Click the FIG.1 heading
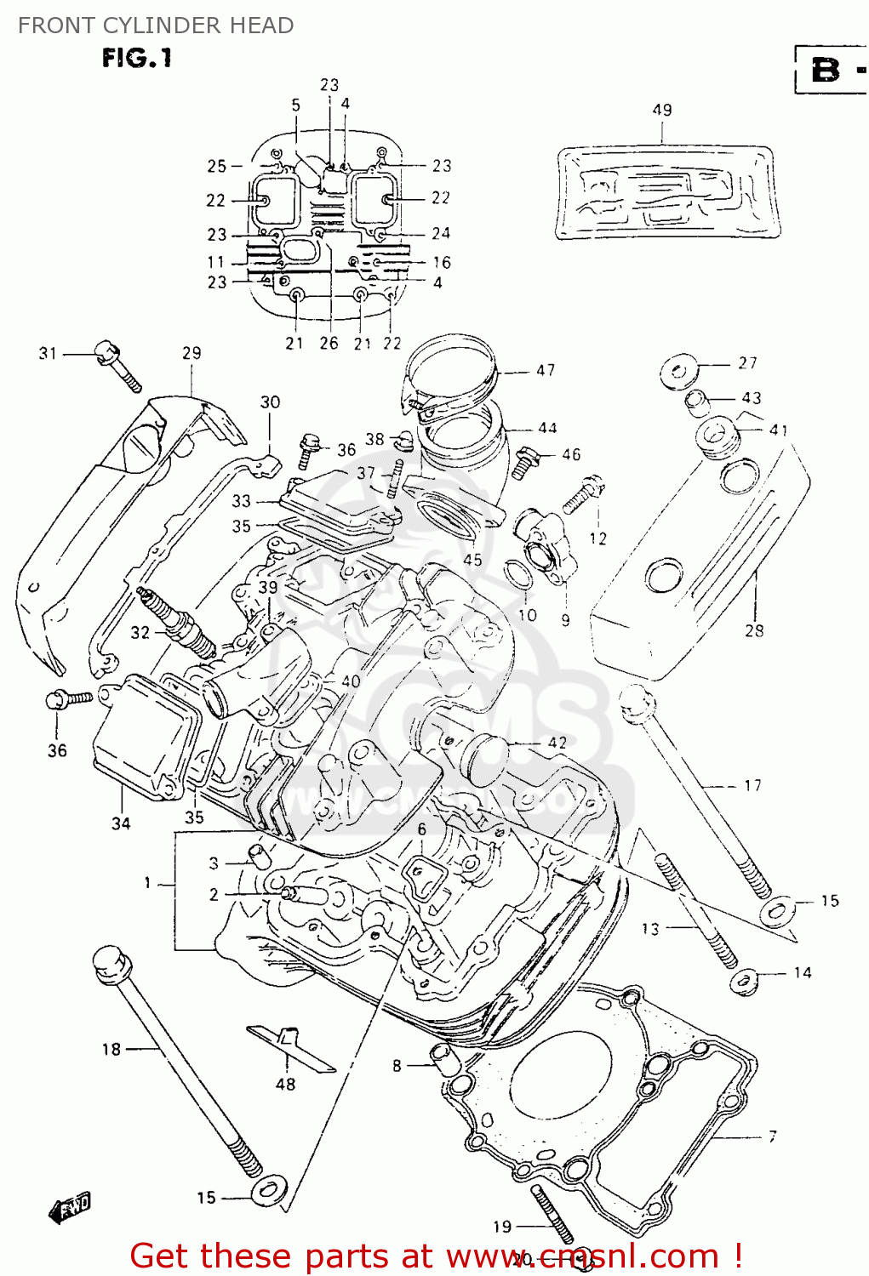click(x=137, y=58)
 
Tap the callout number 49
click(x=662, y=110)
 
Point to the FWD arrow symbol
click(x=70, y=1207)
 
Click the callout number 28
click(x=754, y=630)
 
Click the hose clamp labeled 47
click(x=451, y=374)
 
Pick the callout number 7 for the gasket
click(x=772, y=1136)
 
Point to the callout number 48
click(x=285, y=1084)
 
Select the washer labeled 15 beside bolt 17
click(x=776, y=911)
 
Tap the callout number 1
click(x=147, y=883)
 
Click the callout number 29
click(x=192, y=352)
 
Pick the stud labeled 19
click(x=551, y=1213)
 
